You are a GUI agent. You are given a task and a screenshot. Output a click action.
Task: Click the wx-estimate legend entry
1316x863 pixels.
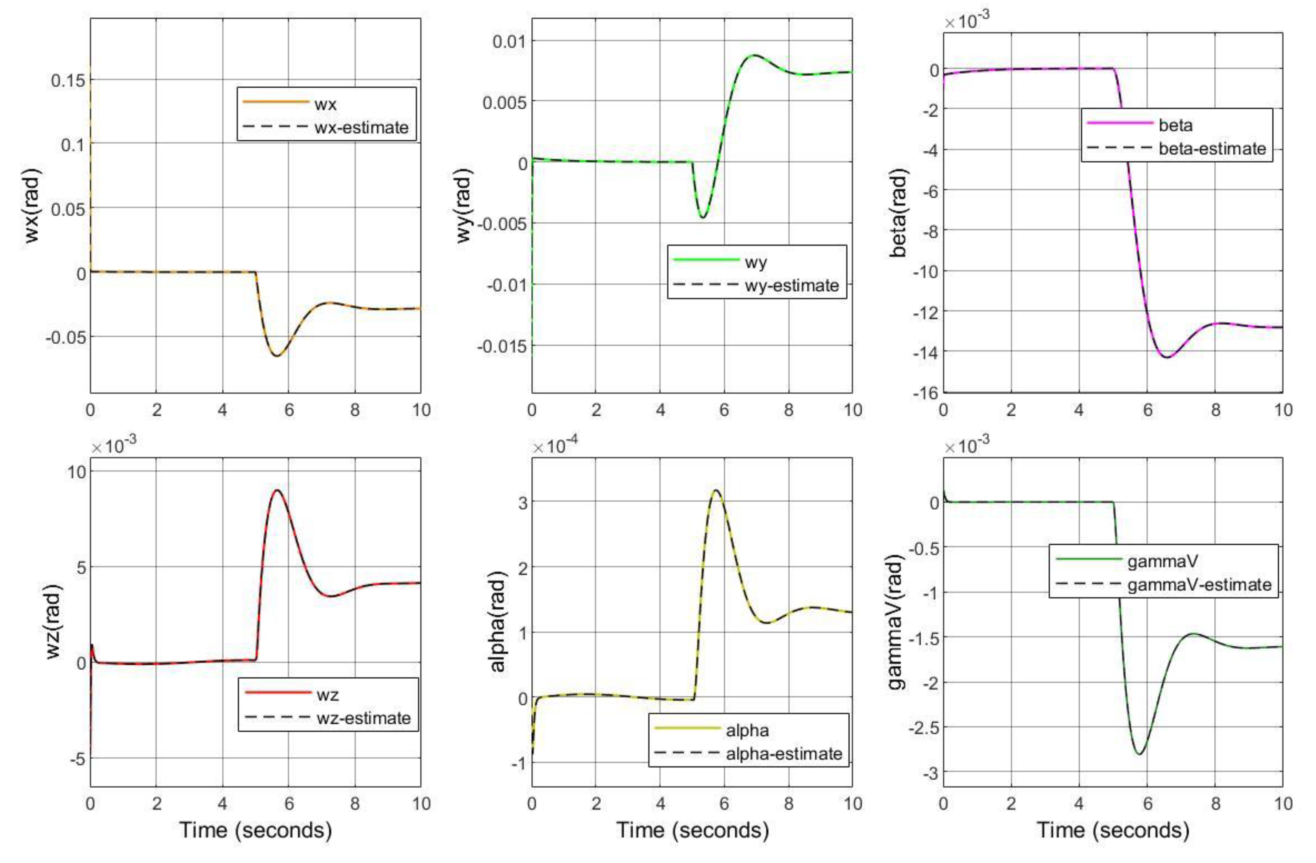tap(361, 128)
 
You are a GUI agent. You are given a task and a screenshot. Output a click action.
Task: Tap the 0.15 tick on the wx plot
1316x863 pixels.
tap(68, 81)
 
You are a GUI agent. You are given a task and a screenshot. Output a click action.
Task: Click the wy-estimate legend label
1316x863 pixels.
tap(792, 286)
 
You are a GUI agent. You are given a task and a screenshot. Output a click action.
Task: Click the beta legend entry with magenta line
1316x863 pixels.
tap(1176, 125)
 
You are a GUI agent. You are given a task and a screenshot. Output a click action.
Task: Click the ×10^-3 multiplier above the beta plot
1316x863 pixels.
tap(967, 22)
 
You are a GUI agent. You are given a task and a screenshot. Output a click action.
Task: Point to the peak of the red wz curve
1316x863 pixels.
tap(277, 490)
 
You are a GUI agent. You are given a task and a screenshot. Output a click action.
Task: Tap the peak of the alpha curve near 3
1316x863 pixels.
tap(717, 490)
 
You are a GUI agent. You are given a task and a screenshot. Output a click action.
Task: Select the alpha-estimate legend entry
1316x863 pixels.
tap(784, 754)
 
